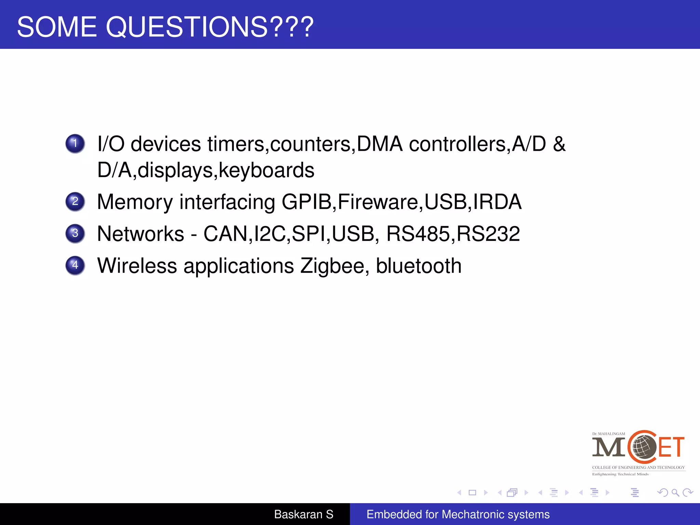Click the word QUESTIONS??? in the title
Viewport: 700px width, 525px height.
pyautogui.click(x=210, y=27)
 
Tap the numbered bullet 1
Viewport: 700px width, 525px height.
pyautogui.click(x=75, y=144)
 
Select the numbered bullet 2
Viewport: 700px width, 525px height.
pyautogui.click(x=75, y=201)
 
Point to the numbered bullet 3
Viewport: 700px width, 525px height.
pyautogui.click(x=75, y=233)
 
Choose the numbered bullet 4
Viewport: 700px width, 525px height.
pyautogui.click(x=75, y=265)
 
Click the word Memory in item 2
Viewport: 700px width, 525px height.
pyautogui.click(x=135, y=202)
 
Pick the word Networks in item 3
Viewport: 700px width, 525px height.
pyautogui.click(x=140, y=234)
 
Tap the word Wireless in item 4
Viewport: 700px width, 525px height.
pyautogui.click(x=137, y=266)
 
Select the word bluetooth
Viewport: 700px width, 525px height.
pyautogui.click(x=419, y=266)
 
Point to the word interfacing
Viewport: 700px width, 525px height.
pyautogui.click(x=227, y=202)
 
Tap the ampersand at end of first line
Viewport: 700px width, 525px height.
pyautogui.click(x=559, y=144)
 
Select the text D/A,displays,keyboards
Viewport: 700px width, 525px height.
pyautogui.click(x=205, y=170)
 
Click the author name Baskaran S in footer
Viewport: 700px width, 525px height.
pyautogui.click(x=304, y=514)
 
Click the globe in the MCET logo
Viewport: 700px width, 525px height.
pyautogui.click(x=644, y=447)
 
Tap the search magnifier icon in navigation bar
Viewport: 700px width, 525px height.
pyautogui.click(x=675, y=493)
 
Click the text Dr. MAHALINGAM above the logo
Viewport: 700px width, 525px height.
pyautogui.click(x=608, y=434)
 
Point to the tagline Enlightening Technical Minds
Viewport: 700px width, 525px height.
pyautogui.click(x=620, y=474)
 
